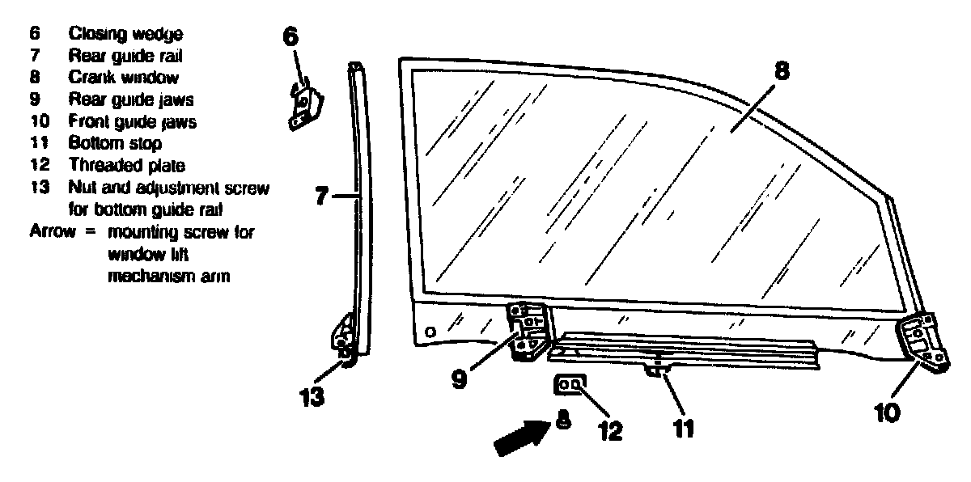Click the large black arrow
tap(519, 438)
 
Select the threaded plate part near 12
tap(570, 384)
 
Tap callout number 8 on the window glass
tap(780, 71)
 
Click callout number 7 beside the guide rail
tap(321, 196)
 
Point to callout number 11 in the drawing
tap(684, 426)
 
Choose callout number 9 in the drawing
tap(460, 378)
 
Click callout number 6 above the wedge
tap(290, 36)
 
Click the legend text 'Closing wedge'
tap(125, 34)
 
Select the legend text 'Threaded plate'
tap(127, 166)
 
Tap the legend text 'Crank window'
tap(124, 78)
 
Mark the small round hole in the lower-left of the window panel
tap(430, 332)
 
